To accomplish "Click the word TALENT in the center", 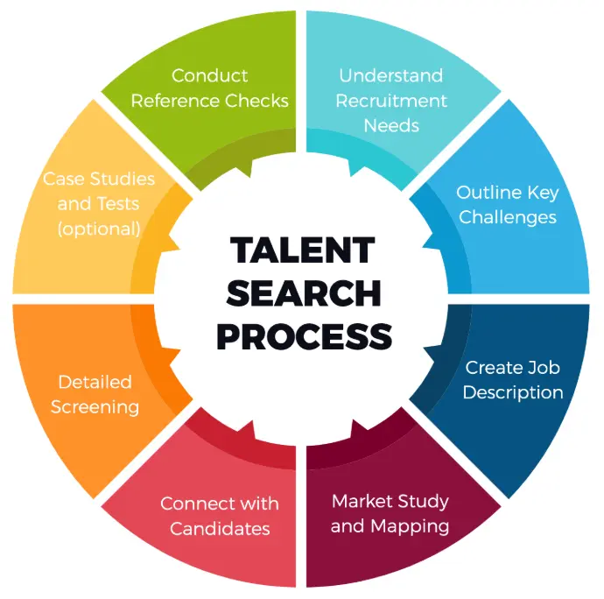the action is pos(302,250).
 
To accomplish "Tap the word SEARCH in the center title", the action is pos(304,293).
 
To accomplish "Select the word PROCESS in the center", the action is pos(305,336).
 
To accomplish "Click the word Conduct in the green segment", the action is pos(209,75).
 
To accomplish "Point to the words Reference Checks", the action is pos(209,101).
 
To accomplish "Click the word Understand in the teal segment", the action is pos(391,75).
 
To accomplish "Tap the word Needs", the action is pos(391,126).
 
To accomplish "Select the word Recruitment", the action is pos(391,101).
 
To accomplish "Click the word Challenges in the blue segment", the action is pos(508,217).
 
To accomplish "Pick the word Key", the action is pos(543,193).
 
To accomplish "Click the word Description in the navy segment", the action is pos(513,393).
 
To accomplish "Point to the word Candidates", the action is pos(220,528).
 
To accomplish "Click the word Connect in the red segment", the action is pos(195,504).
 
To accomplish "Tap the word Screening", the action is pos(95,407).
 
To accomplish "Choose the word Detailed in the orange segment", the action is pos(95,382).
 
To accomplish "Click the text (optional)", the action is pos(99,229).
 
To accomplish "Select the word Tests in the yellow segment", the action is pos(118,203).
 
